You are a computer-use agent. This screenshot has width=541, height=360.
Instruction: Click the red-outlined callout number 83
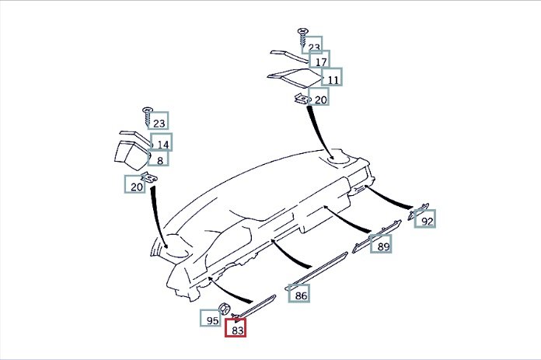click(236, 330)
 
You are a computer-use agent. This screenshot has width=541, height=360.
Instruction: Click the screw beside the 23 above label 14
click(146, 115)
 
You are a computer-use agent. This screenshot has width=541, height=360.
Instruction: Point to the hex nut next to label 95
click(224, 309)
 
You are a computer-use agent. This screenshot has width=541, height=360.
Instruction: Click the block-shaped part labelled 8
click(128, 153)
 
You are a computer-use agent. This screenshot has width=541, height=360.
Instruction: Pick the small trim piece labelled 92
click(420, 207)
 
